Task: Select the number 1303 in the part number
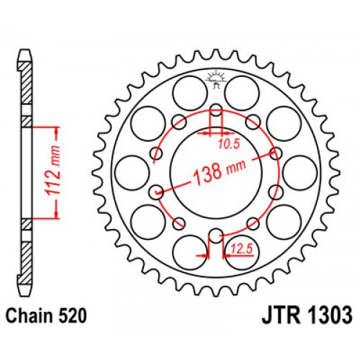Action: pos(327,315)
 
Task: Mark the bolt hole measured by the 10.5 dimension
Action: pos(215,112)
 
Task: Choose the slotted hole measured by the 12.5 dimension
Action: pos(215,235)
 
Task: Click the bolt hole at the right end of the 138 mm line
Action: pos(274,153)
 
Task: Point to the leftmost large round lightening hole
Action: pos(130,173)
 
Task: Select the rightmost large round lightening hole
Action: pos(300,173)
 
